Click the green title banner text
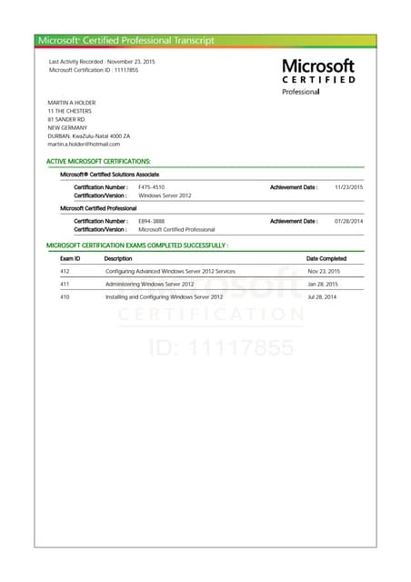(x=126, y=40)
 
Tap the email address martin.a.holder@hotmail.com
(x=84, y=144)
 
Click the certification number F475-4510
(x=152, y=186)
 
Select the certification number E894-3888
(x=152, y=221)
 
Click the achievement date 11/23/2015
(x=348, y=186)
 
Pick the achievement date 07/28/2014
(x=348, y=221)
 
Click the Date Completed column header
(x=326, y=258)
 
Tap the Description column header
(x=118, y=258)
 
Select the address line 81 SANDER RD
(x=66, y=119)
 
